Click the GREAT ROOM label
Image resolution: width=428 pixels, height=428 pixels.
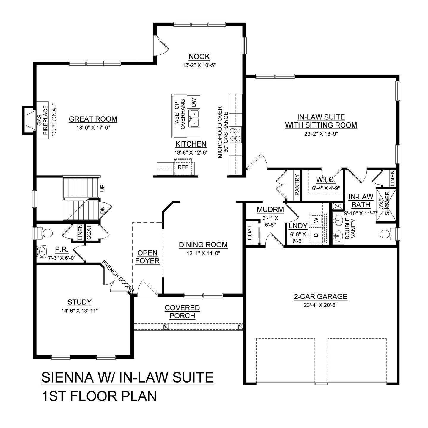(x=93, y=119)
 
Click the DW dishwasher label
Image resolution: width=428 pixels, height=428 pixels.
(x=194, y=103)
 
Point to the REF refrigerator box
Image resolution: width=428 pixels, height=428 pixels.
(x=183, y=167)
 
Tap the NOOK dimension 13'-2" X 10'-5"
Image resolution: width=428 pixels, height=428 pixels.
(x=199, y=65)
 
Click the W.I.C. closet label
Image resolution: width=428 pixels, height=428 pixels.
(x=326, y=180)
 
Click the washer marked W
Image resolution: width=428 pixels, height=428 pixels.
(x=316, y=220)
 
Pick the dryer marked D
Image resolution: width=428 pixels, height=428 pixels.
(x=316, y=235)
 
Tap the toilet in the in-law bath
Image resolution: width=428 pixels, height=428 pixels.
(x=386, y=234)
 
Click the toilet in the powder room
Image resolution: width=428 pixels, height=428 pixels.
(x=47, y=233)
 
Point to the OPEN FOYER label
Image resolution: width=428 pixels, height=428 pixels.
(x=147, y=257)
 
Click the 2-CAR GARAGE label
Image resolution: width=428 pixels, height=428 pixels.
(x=320, y=296)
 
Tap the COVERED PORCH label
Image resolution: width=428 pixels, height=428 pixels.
(x=182, y=312)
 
